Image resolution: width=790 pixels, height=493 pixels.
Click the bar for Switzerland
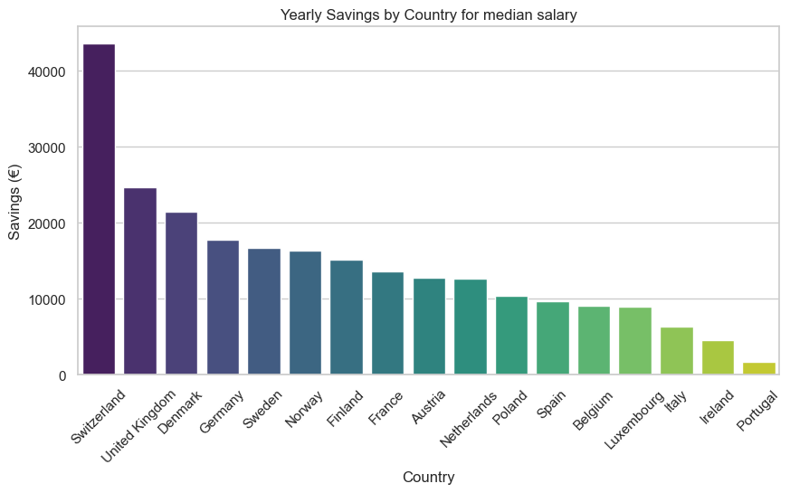[99, 209]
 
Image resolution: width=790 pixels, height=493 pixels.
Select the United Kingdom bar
[140, 281]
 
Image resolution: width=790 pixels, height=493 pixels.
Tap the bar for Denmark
[181, 293]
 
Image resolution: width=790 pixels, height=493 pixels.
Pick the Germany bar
[223, 308]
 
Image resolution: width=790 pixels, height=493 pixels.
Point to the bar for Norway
[305, 313]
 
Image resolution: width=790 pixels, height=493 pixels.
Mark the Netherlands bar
[471, 327]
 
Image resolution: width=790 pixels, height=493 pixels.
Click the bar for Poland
[511, 336]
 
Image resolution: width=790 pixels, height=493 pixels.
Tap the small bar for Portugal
[759, 369]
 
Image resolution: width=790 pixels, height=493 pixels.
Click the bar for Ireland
[718, 358]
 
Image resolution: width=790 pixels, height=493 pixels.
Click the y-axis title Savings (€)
[15, 201]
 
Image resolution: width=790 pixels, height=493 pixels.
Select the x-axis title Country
[428, 477]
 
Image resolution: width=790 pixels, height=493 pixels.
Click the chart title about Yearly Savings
[428, 14]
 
